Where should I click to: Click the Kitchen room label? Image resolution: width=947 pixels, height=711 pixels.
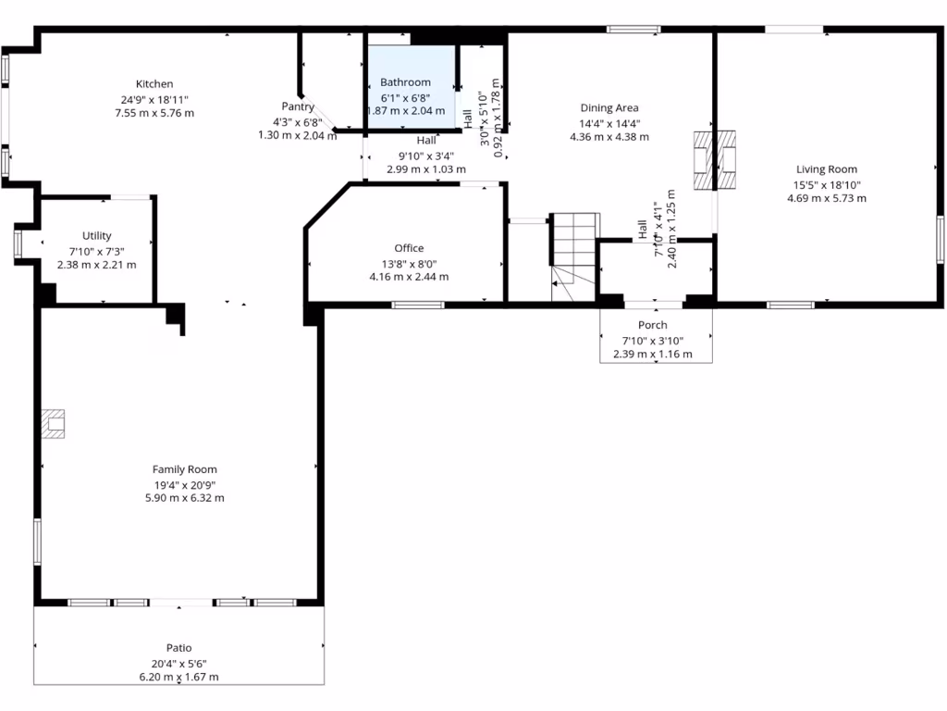[154, 84]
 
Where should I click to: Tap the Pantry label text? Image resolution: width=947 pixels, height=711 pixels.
[298, 106]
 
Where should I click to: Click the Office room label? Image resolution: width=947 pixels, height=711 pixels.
[409, 248]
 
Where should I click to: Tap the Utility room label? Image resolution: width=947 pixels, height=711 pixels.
[96, 236]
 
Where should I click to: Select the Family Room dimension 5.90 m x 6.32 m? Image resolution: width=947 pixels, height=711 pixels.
[186, 497]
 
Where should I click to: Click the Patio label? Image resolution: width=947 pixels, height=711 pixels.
[179, 648]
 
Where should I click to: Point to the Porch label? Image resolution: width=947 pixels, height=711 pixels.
[653, 325]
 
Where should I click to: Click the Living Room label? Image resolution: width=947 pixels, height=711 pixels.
[827, 169]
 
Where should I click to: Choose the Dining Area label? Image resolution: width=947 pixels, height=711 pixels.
[609, 108]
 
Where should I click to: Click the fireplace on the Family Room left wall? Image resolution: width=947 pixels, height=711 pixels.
[54, 424]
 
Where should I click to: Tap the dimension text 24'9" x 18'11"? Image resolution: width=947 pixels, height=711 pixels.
[154, 99]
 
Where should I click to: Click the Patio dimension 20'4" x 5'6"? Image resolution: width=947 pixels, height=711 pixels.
[179, 663]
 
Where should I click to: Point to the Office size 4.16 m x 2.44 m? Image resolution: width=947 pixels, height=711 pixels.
[409, 277]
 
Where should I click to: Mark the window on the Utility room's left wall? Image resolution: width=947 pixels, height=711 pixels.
[18, 243]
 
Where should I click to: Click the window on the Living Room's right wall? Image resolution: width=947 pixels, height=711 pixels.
[940, 239]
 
